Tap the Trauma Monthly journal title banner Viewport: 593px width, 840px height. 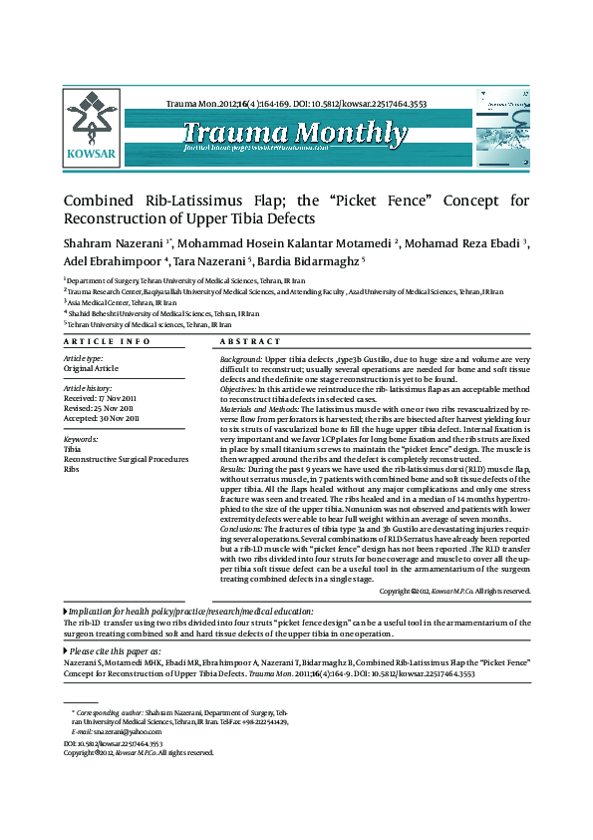pyautogui.click(x=295, y=134)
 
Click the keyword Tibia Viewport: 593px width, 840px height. pyautogui.click(x=72, y=449)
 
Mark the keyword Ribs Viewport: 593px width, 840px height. pyautogui.click(x=71, y=468)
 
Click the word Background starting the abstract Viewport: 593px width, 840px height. pyautogui.click(x=241, y=358)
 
